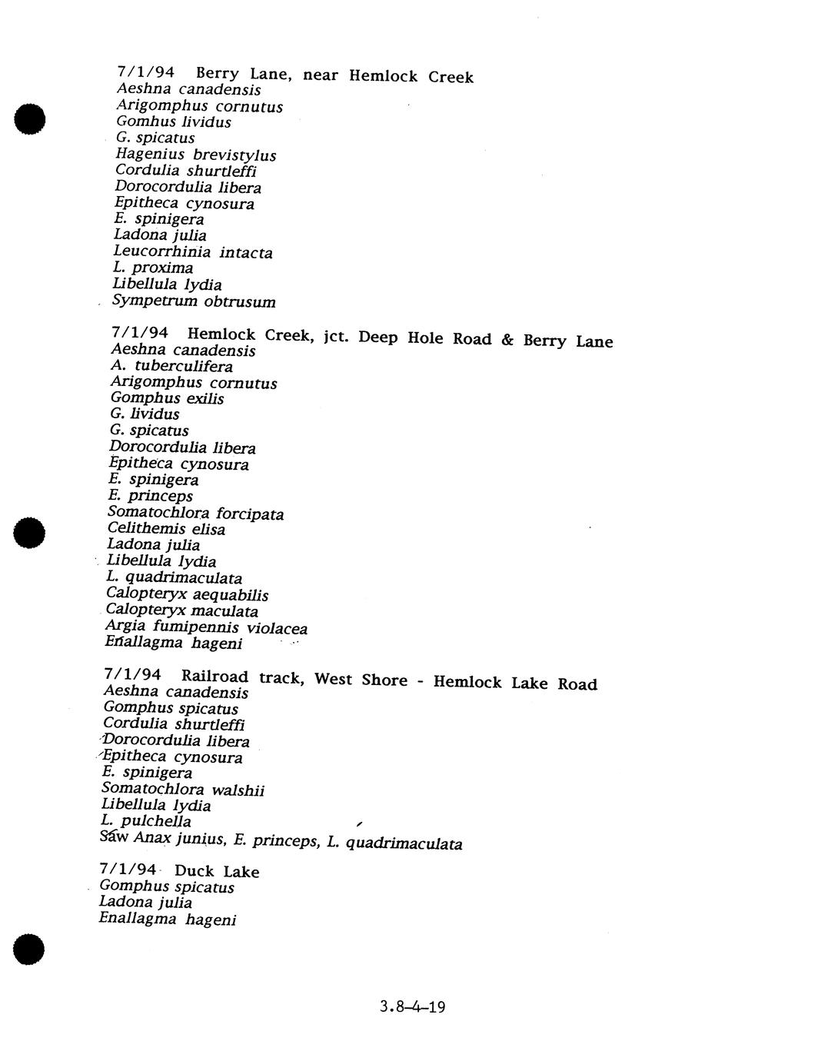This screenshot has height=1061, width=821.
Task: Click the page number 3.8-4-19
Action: click(412, 1006)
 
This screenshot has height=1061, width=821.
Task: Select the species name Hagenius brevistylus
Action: click(195, 155)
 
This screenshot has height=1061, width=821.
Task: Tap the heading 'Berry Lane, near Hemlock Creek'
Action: click(334, 75)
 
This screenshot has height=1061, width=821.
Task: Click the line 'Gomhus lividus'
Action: click(173, 121)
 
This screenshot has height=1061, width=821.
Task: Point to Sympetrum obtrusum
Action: click(194, 301)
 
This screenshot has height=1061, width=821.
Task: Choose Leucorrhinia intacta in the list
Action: click(192, 251)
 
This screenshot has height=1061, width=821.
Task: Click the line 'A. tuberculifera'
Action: click(171, 366)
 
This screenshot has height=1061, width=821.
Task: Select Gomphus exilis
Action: click(167, 398)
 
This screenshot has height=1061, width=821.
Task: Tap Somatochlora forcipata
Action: click(195, 513)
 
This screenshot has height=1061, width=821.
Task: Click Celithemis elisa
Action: click(166, 529)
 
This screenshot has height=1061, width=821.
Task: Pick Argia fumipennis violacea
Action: click(205, 627)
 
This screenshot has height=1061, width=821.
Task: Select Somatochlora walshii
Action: click(182, 789)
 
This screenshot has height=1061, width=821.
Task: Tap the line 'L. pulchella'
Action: click(145, 821)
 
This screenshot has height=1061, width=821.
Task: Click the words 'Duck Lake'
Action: click(217, 871)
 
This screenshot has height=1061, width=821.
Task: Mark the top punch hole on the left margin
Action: click(29, 118)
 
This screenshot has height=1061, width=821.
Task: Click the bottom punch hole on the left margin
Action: click(28, 949)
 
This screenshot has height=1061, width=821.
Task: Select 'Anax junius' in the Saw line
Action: click(179, 838)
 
